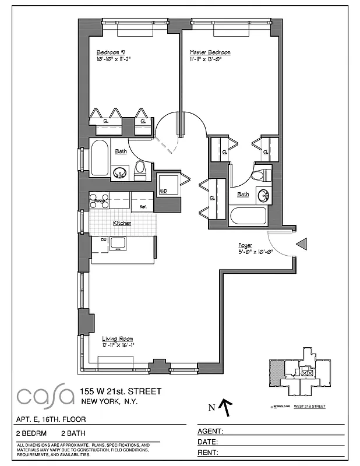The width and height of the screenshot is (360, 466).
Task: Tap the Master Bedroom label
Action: click(x=210, y=52)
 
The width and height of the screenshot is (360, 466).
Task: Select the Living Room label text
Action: click(x=118, y=338)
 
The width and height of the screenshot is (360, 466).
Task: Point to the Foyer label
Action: click(x=245, y=245)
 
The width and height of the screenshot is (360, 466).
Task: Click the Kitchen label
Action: click(x=122, y=223)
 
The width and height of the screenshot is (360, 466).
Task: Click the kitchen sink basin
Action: click(x=119, y=243)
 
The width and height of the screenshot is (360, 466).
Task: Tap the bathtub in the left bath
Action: click(x=99, y=159)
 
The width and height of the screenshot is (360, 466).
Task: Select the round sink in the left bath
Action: click(x=121, y=172)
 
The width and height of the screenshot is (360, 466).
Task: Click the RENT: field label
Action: click(x=209, y=453)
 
